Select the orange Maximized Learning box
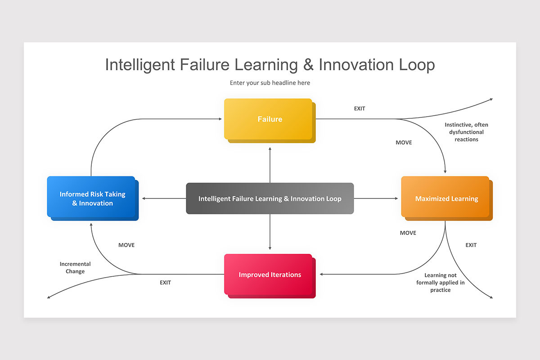(x=445, y=198)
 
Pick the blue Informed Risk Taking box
(x=92, y=198)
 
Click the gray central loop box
(x=270, y=198)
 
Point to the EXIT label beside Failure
(x=360, y=108)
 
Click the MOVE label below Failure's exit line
(x=404, y=143)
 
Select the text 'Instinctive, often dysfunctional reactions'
(x=466, y=132)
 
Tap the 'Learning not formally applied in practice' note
(x=440, y=283)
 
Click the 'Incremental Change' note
(x=75, y=268)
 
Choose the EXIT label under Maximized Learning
(x=471, y=245)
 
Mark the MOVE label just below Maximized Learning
(x=408, y=233)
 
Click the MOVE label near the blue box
(x=126, y=245)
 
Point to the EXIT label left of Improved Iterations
(x=165, y=283)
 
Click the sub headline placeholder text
(x=270, y=83)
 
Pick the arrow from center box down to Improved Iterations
(x=270, y=232)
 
